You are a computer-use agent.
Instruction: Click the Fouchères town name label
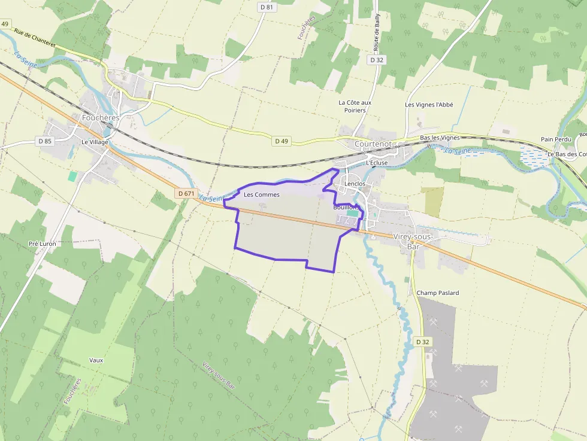click(101, 118)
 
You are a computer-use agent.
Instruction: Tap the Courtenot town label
click(373, 144)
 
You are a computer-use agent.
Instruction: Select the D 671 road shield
click(186, 193)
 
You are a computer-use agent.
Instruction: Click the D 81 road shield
click(267, 7)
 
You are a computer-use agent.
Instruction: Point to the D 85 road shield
click(45, 141)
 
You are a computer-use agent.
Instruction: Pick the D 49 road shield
click(282, 141)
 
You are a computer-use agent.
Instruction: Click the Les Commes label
click(261, 194)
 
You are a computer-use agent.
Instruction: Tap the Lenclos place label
click(355, 184)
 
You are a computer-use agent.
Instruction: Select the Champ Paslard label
click(438, 293)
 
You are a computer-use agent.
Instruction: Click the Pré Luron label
click(42, 244)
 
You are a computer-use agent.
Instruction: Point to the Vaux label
click(96, 360)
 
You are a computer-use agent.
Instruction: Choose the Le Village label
click(95, 142)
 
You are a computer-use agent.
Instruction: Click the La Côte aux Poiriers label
click(355, 106)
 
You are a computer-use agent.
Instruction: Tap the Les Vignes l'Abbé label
click(429, 105)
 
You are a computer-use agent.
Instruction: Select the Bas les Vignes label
click(440, 138)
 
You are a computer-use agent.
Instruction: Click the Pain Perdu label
click(555, 139)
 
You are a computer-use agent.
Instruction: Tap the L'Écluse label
click(376, 162)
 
